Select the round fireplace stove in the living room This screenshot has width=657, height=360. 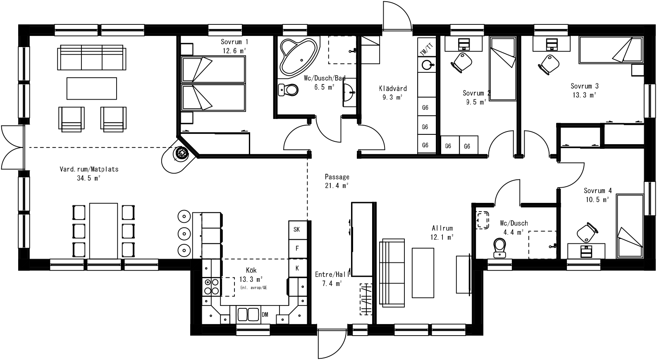182,154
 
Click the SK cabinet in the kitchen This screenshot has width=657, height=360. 296,229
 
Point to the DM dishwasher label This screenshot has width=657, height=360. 265,315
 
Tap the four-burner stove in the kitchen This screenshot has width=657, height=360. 211,286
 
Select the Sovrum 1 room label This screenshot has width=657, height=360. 234,42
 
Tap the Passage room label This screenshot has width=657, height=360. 337,177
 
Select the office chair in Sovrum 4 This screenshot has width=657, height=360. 586,233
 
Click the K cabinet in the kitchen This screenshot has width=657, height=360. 296,268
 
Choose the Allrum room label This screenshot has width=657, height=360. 442,228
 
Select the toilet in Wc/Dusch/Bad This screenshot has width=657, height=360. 289,90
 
